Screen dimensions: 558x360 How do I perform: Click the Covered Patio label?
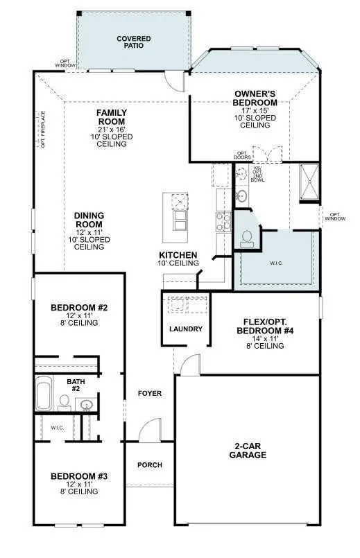[x=134, y=42]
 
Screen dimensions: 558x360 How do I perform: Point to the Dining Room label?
[x=89, y=220]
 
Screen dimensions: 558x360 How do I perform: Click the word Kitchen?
[x=178, y=255]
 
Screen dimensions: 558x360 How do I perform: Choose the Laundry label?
[x=186, y=329]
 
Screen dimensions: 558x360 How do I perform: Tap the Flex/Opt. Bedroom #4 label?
[x=264, y=326]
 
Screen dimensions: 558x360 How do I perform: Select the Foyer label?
[x=150, y=393]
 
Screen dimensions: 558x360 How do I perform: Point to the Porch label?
[x=149, y=464]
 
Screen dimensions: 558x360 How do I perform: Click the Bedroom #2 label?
[x=78, y=307]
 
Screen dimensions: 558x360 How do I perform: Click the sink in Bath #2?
[x=87, y=404]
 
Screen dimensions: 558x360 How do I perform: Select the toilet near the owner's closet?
[x=247, y=238]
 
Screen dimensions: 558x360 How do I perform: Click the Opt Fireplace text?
[x=43, y=130]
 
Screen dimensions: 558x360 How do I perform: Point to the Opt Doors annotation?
[x=242, y=155]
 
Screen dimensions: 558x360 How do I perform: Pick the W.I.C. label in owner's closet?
[x=277, y=263]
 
